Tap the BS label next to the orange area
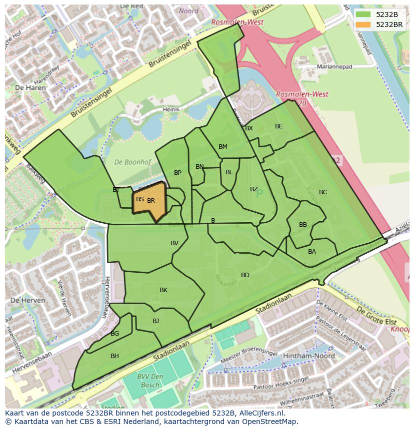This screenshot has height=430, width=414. (x=140, y=199)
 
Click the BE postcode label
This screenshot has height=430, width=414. (x=279, y=126)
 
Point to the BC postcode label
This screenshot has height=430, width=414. (x=323, y=192)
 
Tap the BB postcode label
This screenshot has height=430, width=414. (x=303, y=225)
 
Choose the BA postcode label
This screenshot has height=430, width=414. (x=312, y=252)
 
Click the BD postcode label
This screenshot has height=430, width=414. (x=245, y=275)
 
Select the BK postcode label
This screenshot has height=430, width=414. (x=163, y=290)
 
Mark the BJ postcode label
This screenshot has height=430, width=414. (x=155, y=321)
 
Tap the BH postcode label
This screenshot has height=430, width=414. (x=114, y=356)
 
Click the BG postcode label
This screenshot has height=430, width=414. (x=114, y=334)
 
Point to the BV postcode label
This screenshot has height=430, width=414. (x=174, y=243)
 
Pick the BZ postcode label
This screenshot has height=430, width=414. (x=254, y=189)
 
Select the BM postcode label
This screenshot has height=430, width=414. (x=223, y=147)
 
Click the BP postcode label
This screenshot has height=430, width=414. (x=177, y=173)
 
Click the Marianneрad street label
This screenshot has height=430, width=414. (x=334, y=66)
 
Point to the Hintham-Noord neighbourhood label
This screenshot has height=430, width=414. (x=302, y=356)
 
